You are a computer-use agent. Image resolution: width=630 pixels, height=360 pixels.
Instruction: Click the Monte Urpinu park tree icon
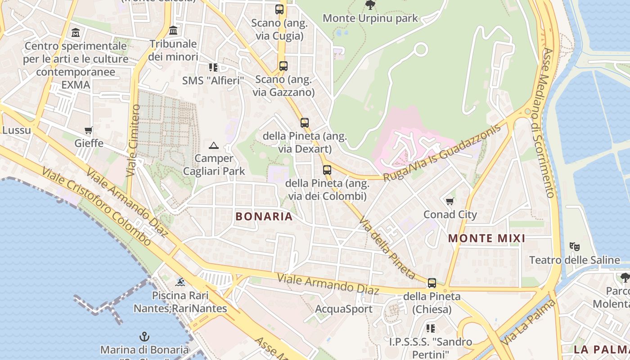[370, 5]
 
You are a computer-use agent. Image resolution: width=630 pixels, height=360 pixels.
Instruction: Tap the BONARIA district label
[264, 216]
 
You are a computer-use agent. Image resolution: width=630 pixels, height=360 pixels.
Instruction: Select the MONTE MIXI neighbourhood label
[487, 238]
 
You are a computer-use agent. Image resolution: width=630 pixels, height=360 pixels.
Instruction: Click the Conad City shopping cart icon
[450, 201]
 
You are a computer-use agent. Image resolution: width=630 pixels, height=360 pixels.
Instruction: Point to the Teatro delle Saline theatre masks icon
[574, 246]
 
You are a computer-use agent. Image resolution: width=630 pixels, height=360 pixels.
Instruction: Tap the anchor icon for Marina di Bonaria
[144, 336]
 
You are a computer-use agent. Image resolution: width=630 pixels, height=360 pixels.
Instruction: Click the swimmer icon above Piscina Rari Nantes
[180, 282]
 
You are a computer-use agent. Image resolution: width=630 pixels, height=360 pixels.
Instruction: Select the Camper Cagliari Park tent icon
[214, 145]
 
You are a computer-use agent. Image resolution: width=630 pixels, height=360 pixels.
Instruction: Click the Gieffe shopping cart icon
[88, 130]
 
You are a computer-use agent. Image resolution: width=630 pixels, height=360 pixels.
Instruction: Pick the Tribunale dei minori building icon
[173, 31]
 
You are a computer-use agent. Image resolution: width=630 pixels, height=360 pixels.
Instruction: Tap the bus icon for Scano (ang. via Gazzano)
[283, 66]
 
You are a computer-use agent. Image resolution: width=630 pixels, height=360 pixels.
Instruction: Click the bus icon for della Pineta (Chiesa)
[432, 283]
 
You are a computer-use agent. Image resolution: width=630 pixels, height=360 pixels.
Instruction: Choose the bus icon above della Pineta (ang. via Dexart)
[305, 122]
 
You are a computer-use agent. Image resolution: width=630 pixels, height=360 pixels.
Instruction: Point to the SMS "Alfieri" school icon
[213, 67]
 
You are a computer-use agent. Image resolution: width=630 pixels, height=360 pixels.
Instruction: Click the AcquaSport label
[344, 309]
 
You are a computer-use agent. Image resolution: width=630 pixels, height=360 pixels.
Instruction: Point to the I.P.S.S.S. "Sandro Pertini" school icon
[431, 328]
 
